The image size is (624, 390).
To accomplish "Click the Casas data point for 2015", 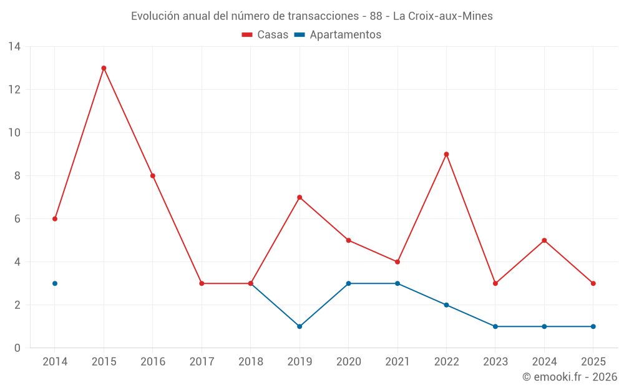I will [x=104, y=68].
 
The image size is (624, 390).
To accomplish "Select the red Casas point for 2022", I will [x=446, y=154].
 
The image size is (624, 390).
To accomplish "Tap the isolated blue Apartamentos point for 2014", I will [x=55, y=283].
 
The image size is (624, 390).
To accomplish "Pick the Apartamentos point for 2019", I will [x=300, y=326].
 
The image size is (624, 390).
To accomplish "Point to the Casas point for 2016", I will [x=152, y=176].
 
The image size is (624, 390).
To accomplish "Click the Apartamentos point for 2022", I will [x=446, y=305].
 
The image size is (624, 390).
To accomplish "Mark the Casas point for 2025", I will [x=593, y=283].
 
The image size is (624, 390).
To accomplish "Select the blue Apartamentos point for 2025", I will [x=593, y=326].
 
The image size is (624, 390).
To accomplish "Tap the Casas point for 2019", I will [x=300, y=197].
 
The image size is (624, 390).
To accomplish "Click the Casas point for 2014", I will [x=55, y=219].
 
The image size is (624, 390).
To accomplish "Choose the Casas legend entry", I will [x=265, y=35].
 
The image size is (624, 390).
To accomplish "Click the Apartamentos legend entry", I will [x=338, y=35].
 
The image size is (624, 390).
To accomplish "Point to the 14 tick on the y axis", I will [x=14, y=47].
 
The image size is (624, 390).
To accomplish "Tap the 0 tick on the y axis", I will [x=17, y=348].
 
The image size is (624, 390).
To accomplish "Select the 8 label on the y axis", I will [x=17, y=176].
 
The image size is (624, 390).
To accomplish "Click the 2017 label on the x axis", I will [x=202, y=362].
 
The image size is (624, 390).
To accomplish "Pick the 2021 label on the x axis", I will [x=397, y=362].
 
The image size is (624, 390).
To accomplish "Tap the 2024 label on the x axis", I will [x=544, y=362].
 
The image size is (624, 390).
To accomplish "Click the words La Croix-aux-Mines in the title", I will [x=442, y=16].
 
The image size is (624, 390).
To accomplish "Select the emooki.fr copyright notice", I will [x=569, y=377].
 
